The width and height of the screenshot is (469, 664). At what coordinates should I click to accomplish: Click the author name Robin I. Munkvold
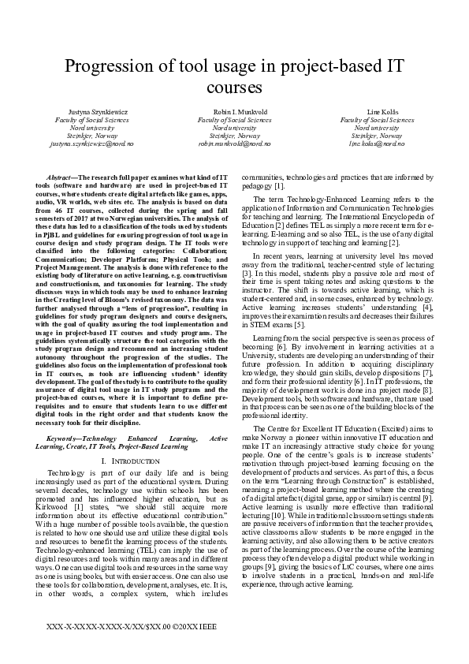coord(234,112)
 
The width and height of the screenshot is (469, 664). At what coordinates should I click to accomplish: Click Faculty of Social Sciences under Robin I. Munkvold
coord(234,120)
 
